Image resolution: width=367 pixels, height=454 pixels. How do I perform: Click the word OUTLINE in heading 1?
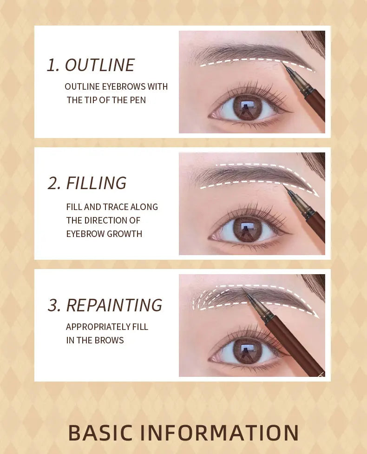click(x=99, y=65)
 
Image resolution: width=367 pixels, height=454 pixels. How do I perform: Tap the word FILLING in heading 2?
click(x=96, y=183)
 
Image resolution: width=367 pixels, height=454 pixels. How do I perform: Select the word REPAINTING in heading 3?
click(x=114, y=305)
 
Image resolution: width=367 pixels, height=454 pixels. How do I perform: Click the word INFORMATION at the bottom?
click(x=220, y=433)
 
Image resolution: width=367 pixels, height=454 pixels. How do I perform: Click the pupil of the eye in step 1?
click(x=247, y=108)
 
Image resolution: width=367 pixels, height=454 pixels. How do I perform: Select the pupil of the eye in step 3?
click(x=247, y=351)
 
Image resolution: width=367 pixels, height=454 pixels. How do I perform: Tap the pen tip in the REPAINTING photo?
click(x=244, y=291)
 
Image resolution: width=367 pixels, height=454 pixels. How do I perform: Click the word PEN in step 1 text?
click(x=136, y=100)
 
